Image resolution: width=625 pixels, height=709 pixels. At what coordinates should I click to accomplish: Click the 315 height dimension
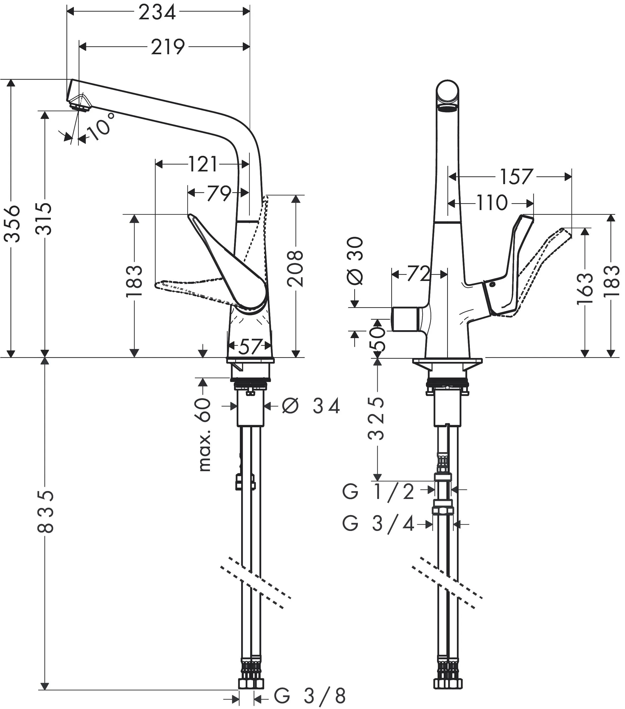coord(44,219)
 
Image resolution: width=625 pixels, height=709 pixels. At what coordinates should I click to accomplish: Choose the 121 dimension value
coord(203,164)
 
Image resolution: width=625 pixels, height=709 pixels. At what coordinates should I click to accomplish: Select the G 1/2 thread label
coord(378,492)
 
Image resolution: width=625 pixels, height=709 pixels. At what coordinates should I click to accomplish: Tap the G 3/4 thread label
coord(378,524)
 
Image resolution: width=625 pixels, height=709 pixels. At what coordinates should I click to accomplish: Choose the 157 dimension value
coord(516,177)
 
